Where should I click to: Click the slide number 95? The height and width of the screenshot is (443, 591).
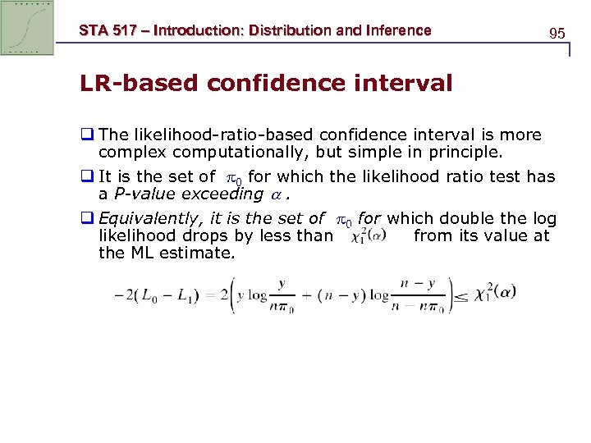(557, 34)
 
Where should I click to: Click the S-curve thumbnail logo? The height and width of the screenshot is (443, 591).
(28, 28)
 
